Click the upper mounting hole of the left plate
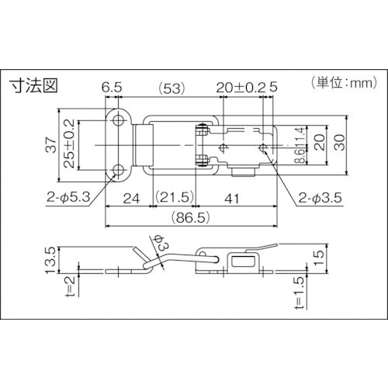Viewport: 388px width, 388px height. pyautogui.click(x=118, y=121)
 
